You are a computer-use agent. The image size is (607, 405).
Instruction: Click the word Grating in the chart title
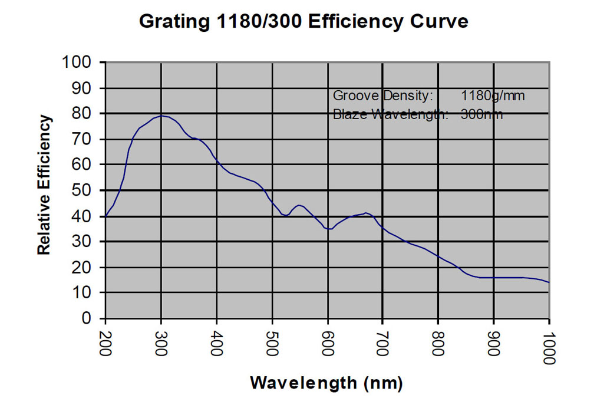(171, 22)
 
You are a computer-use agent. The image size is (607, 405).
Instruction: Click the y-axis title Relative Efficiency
(44, 185)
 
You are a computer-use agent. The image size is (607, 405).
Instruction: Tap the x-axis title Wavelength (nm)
(326, 383)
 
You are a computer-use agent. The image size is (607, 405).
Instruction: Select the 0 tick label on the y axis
(87, 319)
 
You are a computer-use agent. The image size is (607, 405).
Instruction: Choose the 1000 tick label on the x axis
(549, 347)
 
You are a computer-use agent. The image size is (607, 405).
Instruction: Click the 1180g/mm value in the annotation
(493, 96)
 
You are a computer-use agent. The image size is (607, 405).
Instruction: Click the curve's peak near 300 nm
(161, 116)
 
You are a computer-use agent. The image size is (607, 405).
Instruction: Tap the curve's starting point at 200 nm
(105, 216)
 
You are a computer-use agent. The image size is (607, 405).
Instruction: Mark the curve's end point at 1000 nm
(549, 282)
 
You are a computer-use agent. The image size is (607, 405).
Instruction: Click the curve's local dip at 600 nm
(328, 229)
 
